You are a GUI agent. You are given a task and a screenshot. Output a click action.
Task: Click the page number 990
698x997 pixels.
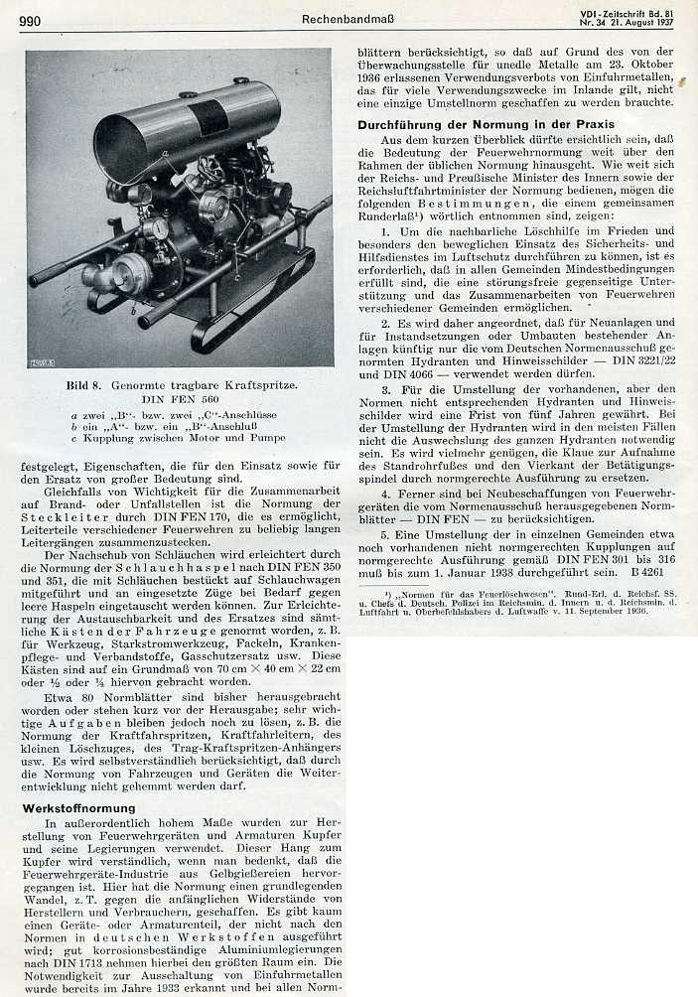tap(30, 21)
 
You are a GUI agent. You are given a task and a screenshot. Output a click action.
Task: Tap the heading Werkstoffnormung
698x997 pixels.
tap(78, 808)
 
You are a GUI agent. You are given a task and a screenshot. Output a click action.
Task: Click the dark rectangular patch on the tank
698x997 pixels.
tap(209, 117)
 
